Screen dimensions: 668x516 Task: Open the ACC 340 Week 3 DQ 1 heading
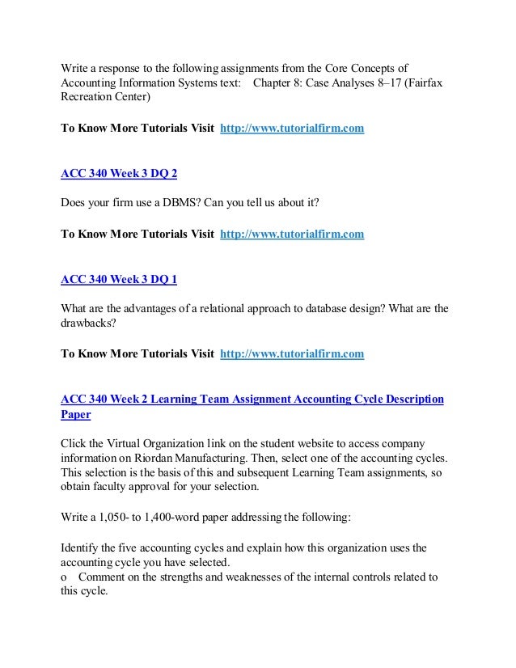tap(119, 280)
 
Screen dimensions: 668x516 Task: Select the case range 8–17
tap(382, 83)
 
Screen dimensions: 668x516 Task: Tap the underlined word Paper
tap(76, 414)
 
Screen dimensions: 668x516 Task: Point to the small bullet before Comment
tap(64, 577)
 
